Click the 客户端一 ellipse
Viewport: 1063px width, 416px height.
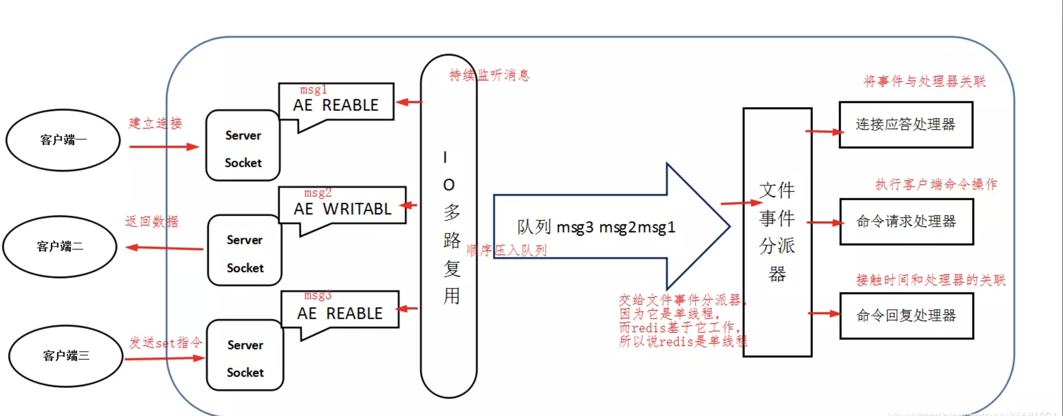coord(63,140)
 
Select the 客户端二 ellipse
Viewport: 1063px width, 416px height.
coord(60,247)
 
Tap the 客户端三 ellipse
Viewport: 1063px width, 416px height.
coord(66,356)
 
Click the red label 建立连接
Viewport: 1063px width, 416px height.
coord(155,123)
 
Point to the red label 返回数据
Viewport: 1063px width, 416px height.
coord(152,222)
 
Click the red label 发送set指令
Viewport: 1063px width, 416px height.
coord(165,342)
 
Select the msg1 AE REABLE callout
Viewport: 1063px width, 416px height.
coord(336,103)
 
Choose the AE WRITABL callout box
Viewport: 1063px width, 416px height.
coord(342,206)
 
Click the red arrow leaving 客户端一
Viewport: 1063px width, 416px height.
coord(164,146)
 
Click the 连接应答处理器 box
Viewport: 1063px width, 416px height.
coord(906,124)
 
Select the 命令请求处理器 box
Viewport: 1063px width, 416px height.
coord(906,222)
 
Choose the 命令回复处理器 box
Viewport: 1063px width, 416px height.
coord(906,316)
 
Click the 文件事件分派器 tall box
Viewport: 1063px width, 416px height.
coord(777,232)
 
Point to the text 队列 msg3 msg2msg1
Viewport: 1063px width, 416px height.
coord(596,227)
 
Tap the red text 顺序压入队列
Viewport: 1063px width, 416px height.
coord(506,250)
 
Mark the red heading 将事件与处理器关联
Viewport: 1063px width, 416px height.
coord(924,81)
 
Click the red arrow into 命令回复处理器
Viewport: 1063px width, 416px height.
coord(824,313)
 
